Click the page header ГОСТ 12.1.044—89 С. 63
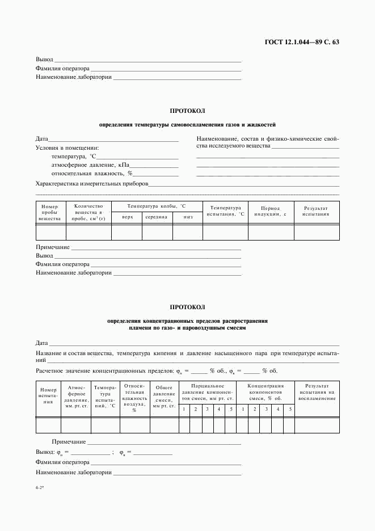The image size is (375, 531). (x=302, y=43)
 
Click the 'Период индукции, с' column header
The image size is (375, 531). (x=270, y=211)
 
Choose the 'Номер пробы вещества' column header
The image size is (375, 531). (x=50, y=213)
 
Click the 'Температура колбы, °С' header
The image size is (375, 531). (x=157, y=205)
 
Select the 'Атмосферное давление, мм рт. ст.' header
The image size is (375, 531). (x=76, y=397)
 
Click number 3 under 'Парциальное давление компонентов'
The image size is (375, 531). (x=207, y=409)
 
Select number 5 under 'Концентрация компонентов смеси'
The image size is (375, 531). (x=289, y=409)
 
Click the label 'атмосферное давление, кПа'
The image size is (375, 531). (x=83, y=165)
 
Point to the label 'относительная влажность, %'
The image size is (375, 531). (x=83, y=174)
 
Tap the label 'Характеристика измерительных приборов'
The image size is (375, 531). (x=91, y=184)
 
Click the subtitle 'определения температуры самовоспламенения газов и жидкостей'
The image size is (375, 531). (x=187, y=124)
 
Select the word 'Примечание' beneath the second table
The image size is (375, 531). (x=69, y=441)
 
